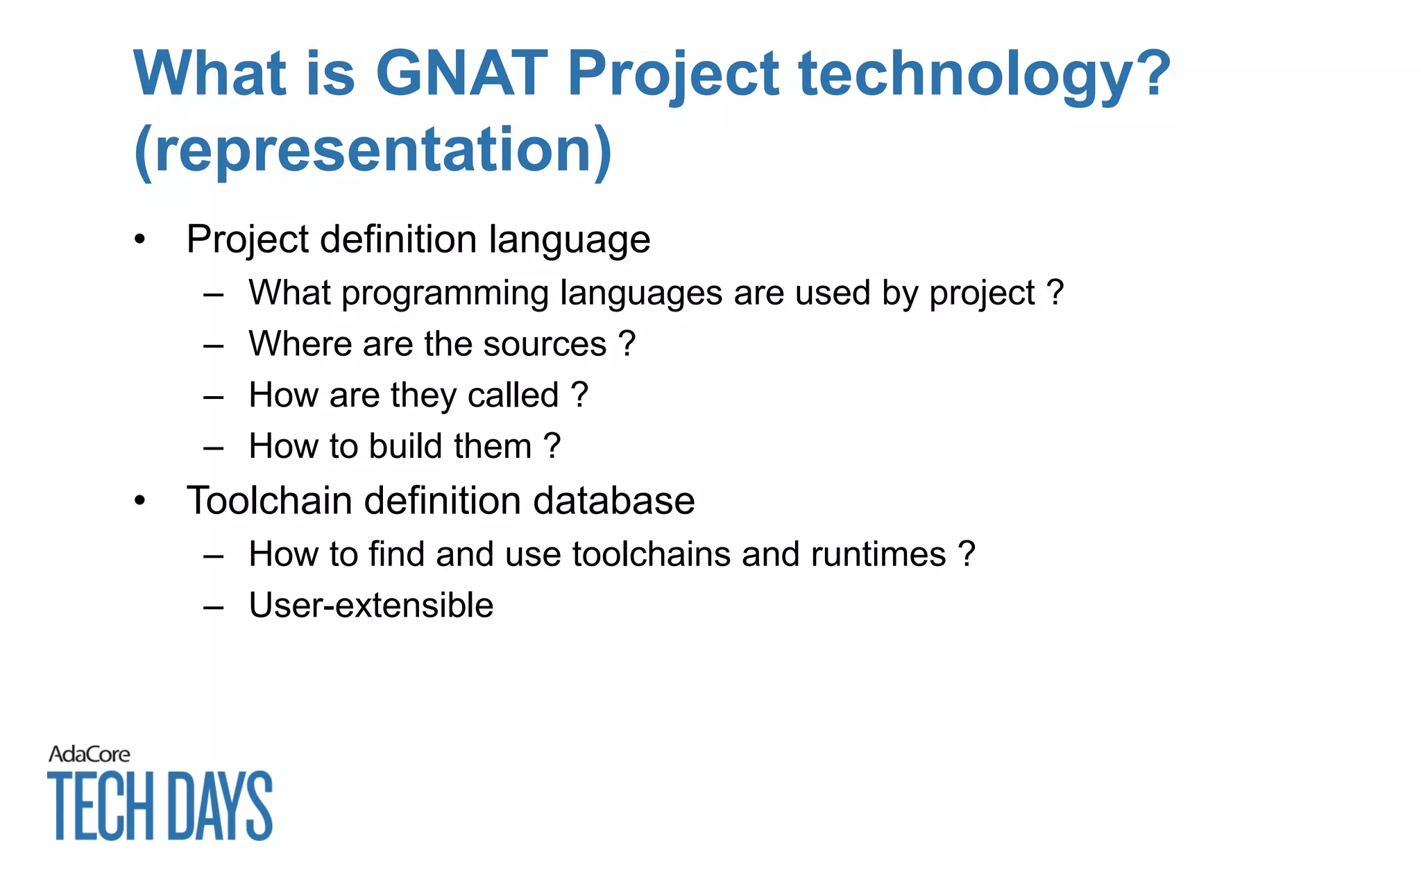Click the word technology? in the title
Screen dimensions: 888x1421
984,75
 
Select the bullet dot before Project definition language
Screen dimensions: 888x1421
140,240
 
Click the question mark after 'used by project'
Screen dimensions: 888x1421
1055,292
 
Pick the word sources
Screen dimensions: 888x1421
545,344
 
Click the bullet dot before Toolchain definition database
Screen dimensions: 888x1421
140,501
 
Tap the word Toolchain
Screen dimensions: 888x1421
269,501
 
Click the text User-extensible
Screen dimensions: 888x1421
371,605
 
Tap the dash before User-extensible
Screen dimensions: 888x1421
214,607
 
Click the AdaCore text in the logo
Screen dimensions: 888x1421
89,754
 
